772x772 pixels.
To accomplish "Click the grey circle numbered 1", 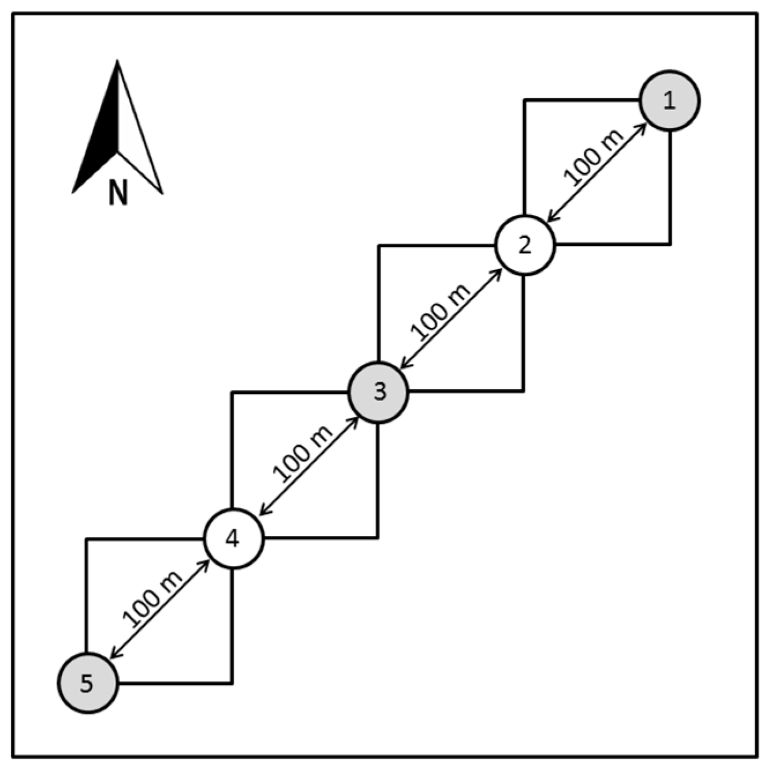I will pyautogui.click(x=669, y=100).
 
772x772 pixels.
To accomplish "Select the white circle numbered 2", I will pyautogui.click(x=524, y=245).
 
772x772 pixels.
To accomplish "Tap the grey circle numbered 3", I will pyautogui.click(x=378, y=392).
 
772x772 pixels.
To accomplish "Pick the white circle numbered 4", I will pyautogui.click(x=233, y=539).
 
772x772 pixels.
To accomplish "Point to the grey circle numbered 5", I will pyautogui.click(x=87, y=684).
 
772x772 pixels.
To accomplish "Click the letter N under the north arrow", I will pyautogui.click(x=118, y=193).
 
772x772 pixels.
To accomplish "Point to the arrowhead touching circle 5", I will pyautogui.click(x=114, y=654).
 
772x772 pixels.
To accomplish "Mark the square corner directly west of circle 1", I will pyautogui.click(x=524, y=100).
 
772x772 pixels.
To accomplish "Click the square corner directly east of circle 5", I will pyautogui.click(x=232, y=684).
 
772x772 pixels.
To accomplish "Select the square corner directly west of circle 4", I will pyautogui.click(x=87, y=539).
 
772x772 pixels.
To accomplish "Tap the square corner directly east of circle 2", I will pyautogui.click(x=670, y=244).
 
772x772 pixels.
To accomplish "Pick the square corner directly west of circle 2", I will pyautogui.click(x=378, y=245).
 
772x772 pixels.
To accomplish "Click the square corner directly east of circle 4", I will pyautogui.click(x=378, y=538).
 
